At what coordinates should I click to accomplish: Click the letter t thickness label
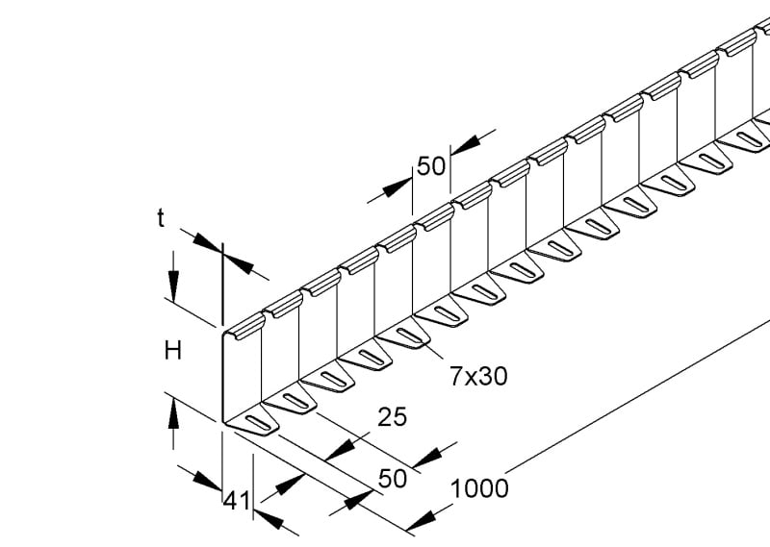tap(161, 219)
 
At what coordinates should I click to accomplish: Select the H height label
tap(172, 351)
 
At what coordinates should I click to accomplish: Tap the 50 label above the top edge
tap(431, 166)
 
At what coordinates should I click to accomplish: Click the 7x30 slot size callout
tap(478, 377)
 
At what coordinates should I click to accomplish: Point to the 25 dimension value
tap(393, 417)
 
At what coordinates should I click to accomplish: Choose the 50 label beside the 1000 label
tap(393, 479)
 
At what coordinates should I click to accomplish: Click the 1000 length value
tap(479, 489)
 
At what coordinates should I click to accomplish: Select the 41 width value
tap(237, 502)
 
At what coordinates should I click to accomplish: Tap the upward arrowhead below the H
tap(173, 414)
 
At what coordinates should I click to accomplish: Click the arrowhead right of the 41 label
tap(269, 520)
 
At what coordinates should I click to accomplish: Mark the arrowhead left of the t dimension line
tap(207, 243)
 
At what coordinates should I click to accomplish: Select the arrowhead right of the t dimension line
tap(239, 265)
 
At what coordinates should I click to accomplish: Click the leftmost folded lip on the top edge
tap(245, 327)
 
